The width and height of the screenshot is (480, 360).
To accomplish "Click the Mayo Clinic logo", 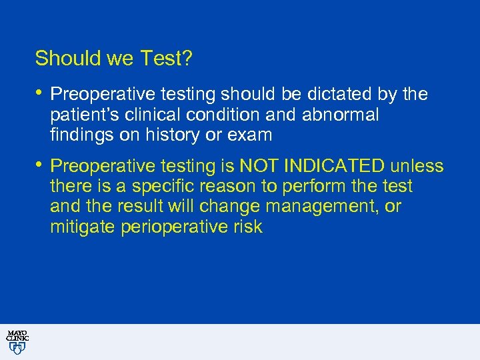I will (17, 341).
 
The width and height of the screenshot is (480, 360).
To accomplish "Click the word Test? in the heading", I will (167, 59).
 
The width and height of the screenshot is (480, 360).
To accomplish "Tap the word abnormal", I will (340, 115).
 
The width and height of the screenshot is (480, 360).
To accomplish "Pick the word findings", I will (77, 135).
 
